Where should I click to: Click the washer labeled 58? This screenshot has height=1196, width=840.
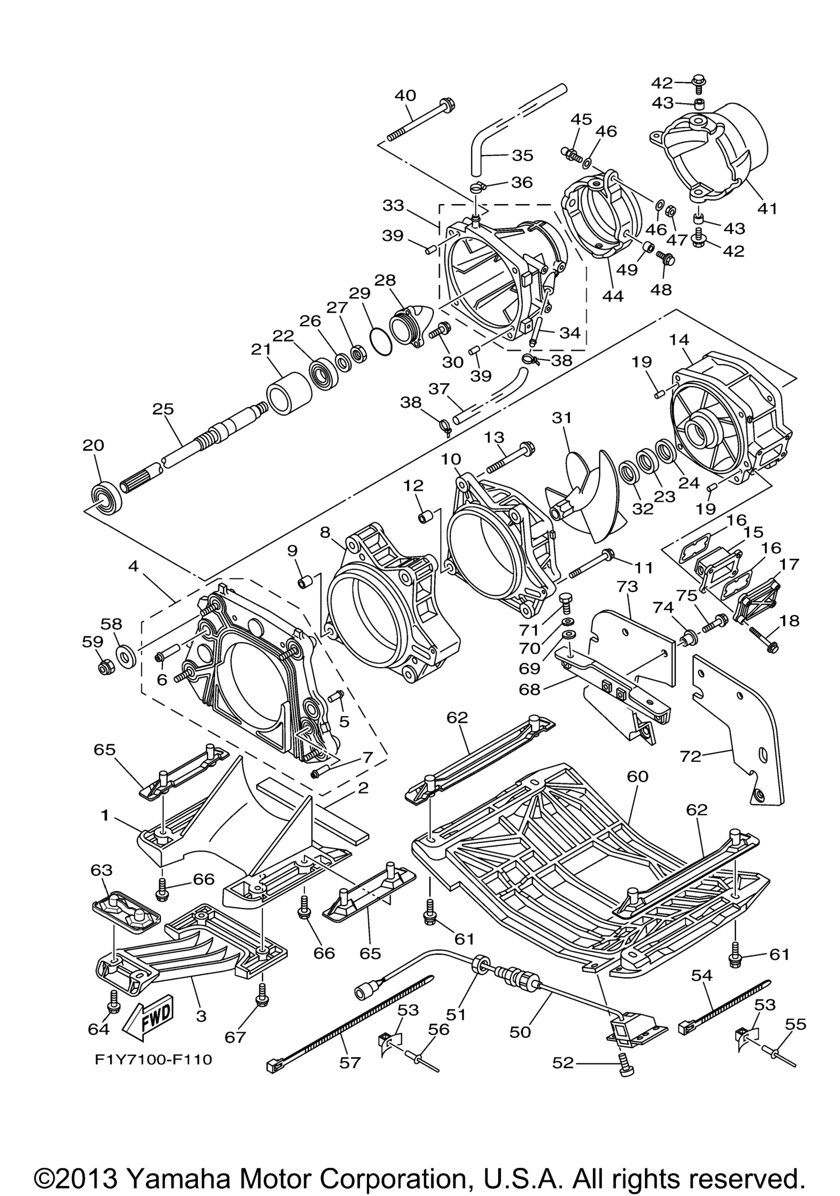click(x=127, y=656)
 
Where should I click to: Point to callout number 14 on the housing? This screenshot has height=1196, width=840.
click(x=679, y=340)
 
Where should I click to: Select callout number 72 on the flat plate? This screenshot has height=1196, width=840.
click(x=691, y=756)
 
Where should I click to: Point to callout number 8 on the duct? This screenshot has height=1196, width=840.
click(x=325, y=532)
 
